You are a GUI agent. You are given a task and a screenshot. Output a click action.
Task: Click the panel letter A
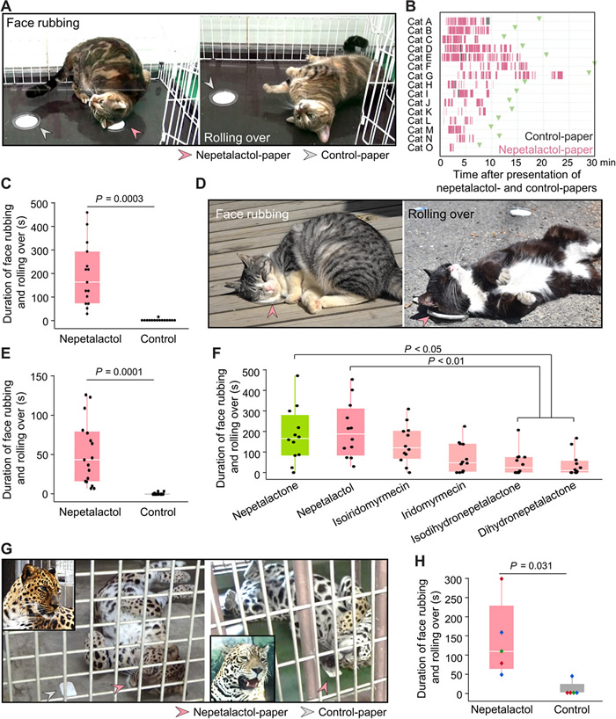click(8, 7)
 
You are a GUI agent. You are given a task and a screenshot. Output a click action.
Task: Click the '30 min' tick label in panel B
click(590, 161)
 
